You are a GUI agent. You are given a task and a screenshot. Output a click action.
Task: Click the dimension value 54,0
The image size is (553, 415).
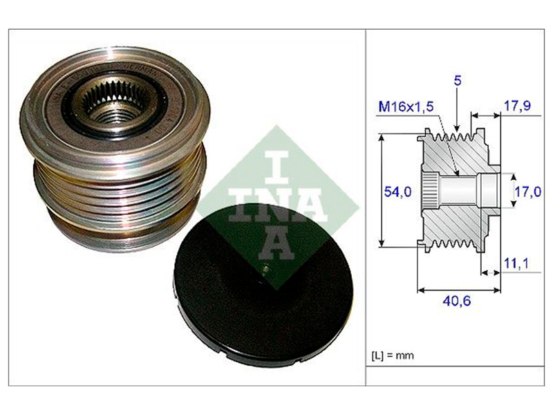point(397,192)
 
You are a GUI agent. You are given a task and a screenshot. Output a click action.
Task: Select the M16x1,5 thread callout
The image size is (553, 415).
point(406,107)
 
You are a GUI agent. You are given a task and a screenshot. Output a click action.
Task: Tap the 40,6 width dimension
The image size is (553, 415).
point(457,301)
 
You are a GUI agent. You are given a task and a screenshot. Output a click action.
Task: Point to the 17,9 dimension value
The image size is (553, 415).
point(517,106)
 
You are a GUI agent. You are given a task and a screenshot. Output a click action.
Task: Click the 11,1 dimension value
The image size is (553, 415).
point(516,263)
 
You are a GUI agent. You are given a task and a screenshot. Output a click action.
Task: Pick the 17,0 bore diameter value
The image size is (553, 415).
point(528,192)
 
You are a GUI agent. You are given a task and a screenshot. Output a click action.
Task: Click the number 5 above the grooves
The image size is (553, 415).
point(457,81)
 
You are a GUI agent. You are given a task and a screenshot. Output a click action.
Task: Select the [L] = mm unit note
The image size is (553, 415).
point(393,355)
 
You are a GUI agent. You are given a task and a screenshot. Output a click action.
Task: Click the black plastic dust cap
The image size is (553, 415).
point(263,286)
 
